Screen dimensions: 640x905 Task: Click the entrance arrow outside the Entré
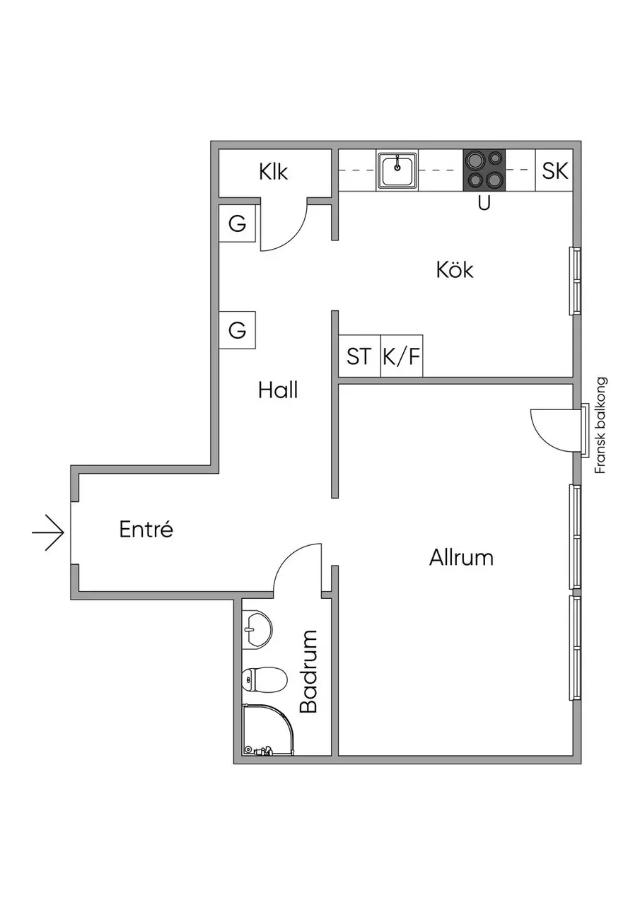(x=48, y=532)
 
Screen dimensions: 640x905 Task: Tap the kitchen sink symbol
(x=397, y=170)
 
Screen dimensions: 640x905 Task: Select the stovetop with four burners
(x=484, y=170)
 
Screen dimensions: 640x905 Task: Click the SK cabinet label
(x=554, y=170)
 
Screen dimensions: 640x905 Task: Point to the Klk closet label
(x=274, y=172)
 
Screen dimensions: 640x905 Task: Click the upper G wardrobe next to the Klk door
(x=237, y=223)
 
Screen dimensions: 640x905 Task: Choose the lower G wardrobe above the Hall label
(x=237, y=330)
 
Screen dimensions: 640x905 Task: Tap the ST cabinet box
(x=359, y=356)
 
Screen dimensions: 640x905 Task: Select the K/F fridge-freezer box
(x=402, y=356)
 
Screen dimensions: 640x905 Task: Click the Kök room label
(x=455, y=269)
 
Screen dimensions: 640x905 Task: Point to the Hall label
(x=278, y=391)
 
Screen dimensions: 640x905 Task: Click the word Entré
(x=146, y=529)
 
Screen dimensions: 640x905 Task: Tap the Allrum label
(x=461, y=558)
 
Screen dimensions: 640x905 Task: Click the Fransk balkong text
(x=601, y=426)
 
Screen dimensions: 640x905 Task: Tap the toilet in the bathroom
(x=264, y=679)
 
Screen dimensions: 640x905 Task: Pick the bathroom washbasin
(x=257, y=630)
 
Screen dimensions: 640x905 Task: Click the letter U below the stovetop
(x=484, y=203)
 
